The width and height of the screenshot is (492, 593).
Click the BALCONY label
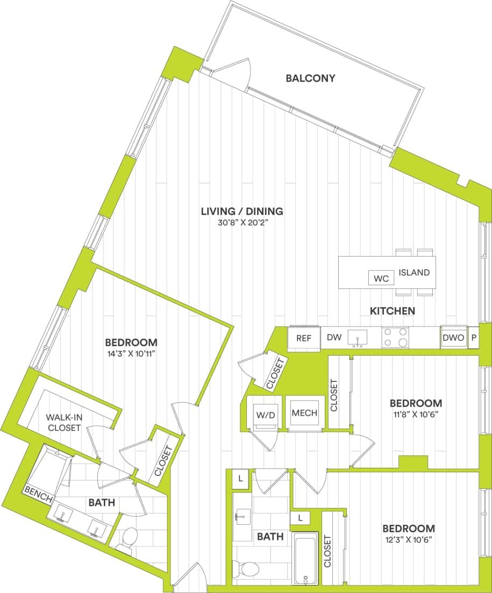(x=310, y=78)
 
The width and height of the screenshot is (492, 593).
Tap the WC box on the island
(x=381, y=278)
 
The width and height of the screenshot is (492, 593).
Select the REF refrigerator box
(x=304, y=338)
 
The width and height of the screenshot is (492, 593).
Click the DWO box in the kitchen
(x=453, y=338)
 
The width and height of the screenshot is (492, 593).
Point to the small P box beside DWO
(x=473, y=338)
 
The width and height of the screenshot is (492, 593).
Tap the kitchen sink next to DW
(x=356, y=338)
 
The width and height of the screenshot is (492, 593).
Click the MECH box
(x=304, y=413)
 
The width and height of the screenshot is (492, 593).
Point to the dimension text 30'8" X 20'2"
(x=241, y=223)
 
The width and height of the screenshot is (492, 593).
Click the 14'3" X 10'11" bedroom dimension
(x=131, y=354)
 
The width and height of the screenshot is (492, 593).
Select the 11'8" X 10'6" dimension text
(x=416, y=414)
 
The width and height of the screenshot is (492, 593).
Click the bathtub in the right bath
(x=306, y=559)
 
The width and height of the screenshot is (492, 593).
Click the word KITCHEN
(x=392, y=310)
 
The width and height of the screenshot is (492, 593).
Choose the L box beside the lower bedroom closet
(x=301, y=518)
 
